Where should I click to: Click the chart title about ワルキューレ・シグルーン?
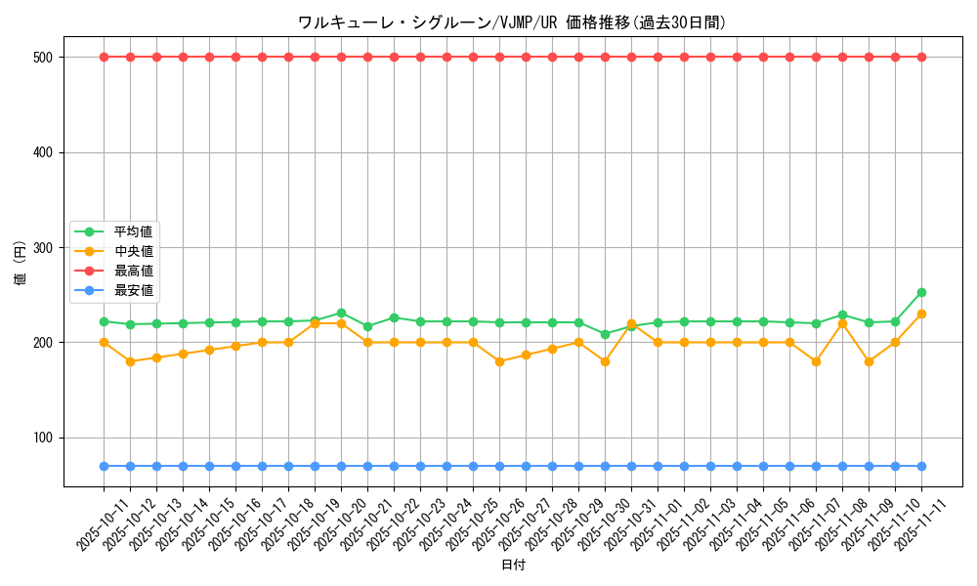tap(512, 22)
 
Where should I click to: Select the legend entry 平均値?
tap(133, 231)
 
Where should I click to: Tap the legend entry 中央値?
tap(133, 251)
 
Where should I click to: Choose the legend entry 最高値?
tap(133, 271)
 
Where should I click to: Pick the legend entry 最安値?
tap(133, 290)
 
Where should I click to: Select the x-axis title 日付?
tap(512, 565)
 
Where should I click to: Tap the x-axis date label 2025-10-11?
tap(90, 523)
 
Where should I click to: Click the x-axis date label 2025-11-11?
tap(908, 523)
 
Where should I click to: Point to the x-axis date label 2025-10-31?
tap(617, 523)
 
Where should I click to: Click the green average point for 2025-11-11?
tap(921, 292)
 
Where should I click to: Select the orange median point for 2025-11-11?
tap(921, 314)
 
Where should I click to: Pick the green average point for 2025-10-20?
tap(341, 313)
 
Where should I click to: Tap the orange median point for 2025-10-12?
tap(130, 361)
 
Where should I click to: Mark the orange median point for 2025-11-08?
tap(842, 323)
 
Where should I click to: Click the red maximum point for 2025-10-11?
tap(104, 57)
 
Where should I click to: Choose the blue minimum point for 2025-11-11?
tap(921, 466)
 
